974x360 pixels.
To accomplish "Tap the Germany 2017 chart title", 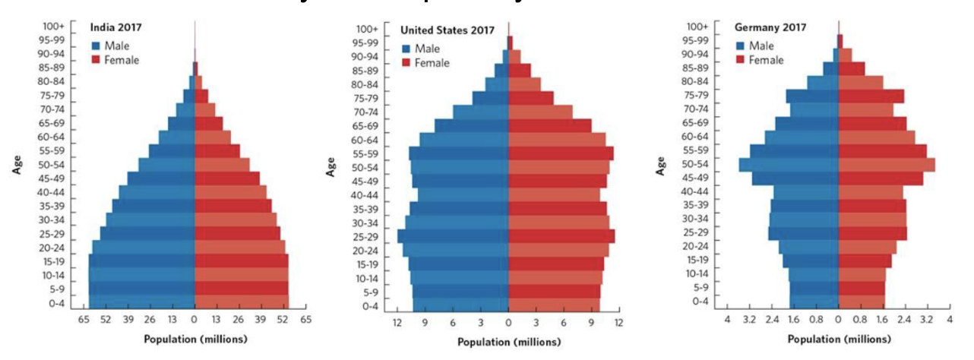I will pos(770,28).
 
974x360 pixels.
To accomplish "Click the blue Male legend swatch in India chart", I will pos(96,46).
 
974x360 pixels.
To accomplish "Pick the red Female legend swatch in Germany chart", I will pos(741,59).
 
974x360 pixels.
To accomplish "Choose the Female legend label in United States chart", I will pos(432,62).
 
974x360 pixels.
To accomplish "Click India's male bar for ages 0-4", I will pos(142,302).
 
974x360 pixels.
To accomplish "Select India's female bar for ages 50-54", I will pos(222,165).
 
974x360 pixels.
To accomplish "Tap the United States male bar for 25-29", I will pos(453,236).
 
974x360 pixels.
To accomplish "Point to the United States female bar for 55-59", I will pos(561,153).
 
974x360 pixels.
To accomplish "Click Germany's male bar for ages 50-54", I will pos(789,165).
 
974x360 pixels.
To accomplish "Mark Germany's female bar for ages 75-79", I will pos(871,96).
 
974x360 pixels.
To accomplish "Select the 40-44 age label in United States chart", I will pos(366,195).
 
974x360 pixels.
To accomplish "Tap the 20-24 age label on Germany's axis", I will pos(695,246).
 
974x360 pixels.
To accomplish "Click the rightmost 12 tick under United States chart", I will pos(618,324).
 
